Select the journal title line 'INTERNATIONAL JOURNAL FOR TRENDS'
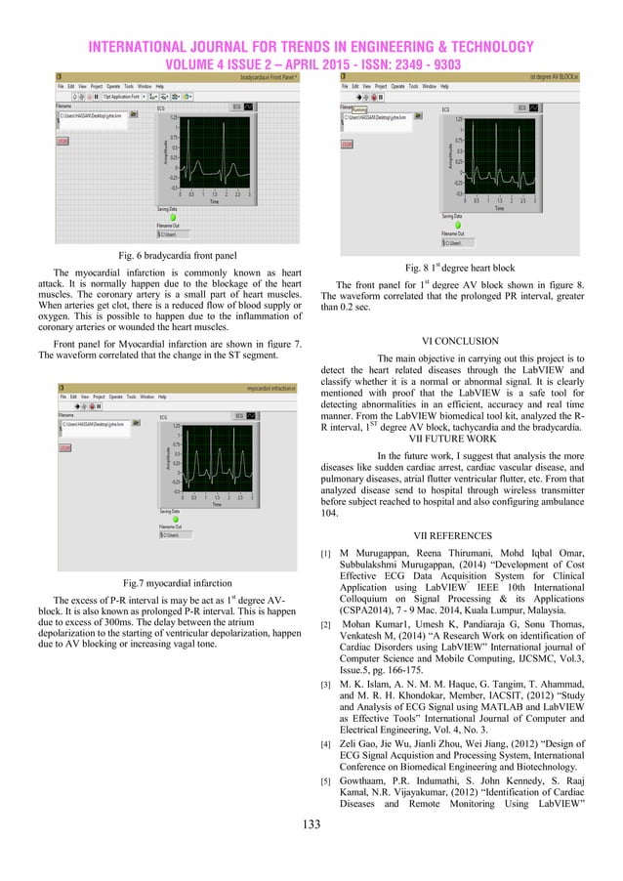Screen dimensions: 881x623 click(x=311, y=47)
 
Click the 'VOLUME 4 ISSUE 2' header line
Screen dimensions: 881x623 click(x=311, y=64)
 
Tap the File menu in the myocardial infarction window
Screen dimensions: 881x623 click(x=63, y=397)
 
